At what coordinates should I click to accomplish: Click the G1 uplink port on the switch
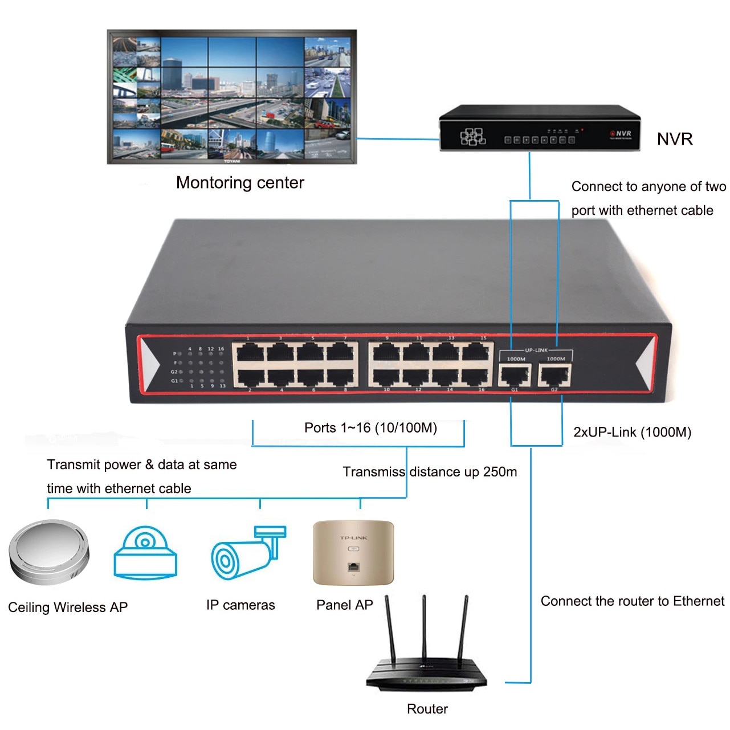(514, 376)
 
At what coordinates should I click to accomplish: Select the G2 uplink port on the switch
(554, 376)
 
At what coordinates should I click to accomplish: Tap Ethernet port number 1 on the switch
(249, 353)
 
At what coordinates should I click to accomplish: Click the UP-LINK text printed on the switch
(536, 350)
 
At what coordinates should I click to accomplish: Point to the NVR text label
(675, 139)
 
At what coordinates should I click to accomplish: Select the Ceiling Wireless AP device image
(49, 552)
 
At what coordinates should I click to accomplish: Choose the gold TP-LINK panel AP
(353, 552)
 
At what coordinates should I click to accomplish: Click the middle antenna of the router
(424, 627)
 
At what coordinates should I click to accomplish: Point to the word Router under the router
(427, 709)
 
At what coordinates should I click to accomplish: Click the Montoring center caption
(240, 183)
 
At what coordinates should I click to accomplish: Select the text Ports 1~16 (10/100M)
(370, 428)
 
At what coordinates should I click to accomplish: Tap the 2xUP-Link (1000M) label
(632, 432)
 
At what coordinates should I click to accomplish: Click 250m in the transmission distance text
(500, 472)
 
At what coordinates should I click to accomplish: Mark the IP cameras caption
(240, 605)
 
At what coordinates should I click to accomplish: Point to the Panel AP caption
(344, 605)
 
